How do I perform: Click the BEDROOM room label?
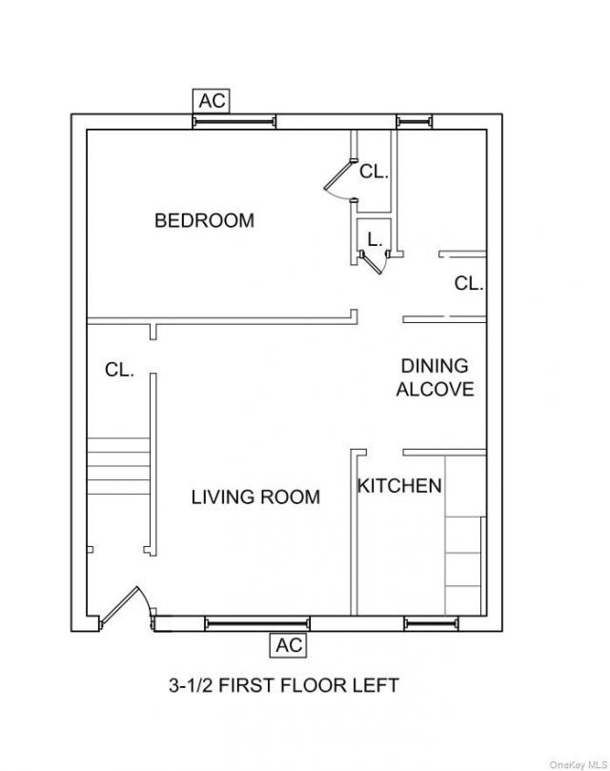tap(205, 220)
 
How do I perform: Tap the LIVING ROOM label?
tap(255, 497)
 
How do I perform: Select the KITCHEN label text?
tap(399, 486)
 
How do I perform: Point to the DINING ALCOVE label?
tap(435, 377)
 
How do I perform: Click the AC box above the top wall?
tap(212, 101)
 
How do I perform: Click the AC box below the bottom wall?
tap(289, 645)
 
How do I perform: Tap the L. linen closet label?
tap(375, 240)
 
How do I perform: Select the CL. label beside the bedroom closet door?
tap(374, 172)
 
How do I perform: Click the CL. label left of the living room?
tap(119, 370)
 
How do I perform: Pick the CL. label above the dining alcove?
tap(469, 283)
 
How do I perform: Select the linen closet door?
tap(375, 262)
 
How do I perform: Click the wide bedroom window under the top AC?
tap(234, 121)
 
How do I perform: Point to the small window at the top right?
tap(415, 121)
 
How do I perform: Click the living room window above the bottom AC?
tap(257, 624)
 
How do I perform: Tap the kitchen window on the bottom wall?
tap(431, 624)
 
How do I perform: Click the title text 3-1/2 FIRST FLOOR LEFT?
tap(284, 685)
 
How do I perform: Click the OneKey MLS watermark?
tap(579, 764)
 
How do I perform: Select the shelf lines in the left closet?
tap(118, 466)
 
